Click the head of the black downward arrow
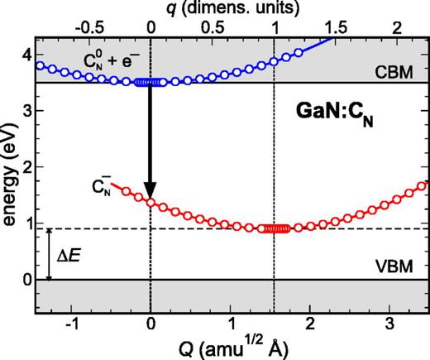pyautogui.click(x=150, y=189)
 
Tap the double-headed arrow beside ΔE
pyautogui.click(x=50, y=254)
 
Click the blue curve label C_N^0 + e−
pyautogui.click(x=92, y=63)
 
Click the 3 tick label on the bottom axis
pyautogui.click(x=389, y=324)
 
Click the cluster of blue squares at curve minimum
pyautogui.click(x=150, y=82)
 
